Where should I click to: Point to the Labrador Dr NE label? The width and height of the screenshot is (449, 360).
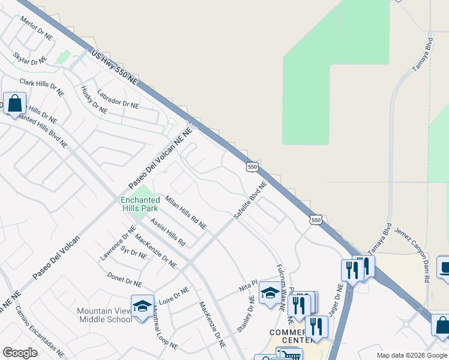pyautogui.click(x=118, y=97)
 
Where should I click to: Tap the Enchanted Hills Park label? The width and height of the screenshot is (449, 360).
pyautogui.click(x=139, y=203)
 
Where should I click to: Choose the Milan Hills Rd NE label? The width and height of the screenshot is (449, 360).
pyautogui.click(x=185, y=213)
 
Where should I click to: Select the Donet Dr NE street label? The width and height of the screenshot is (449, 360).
pyautogui.click(x=124, y=280)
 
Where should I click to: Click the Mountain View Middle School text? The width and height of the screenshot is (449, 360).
pyautogui.click(x=104, y=315)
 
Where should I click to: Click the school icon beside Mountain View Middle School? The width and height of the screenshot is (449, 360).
pyautogui.click(x=142, y=306)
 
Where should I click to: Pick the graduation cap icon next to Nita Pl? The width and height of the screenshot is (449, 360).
pyautogui.click(x=270, y=293)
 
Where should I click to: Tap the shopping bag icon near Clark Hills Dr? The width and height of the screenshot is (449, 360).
pyautogui.click(x=14, y=103)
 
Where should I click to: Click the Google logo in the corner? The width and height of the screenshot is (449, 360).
pyautogui.click(x=20, y=353)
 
